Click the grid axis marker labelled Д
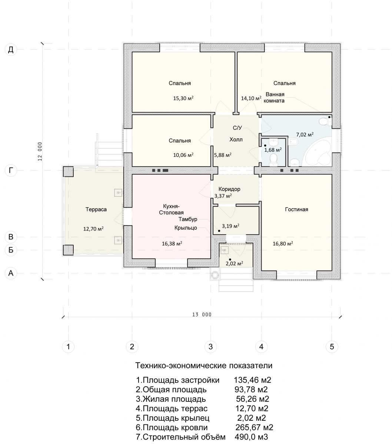11,50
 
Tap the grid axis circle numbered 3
210,347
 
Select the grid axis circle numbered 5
332,347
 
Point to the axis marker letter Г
11,170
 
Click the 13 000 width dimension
202,315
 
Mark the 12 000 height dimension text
40,151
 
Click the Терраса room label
96,209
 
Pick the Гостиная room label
296,209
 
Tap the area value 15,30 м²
183,98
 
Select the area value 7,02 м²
305,134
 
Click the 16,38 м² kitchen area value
172,243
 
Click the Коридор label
229,189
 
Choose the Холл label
236,139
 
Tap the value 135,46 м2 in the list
252,380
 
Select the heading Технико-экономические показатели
204,366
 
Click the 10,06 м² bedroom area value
183,155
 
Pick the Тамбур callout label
188,219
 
